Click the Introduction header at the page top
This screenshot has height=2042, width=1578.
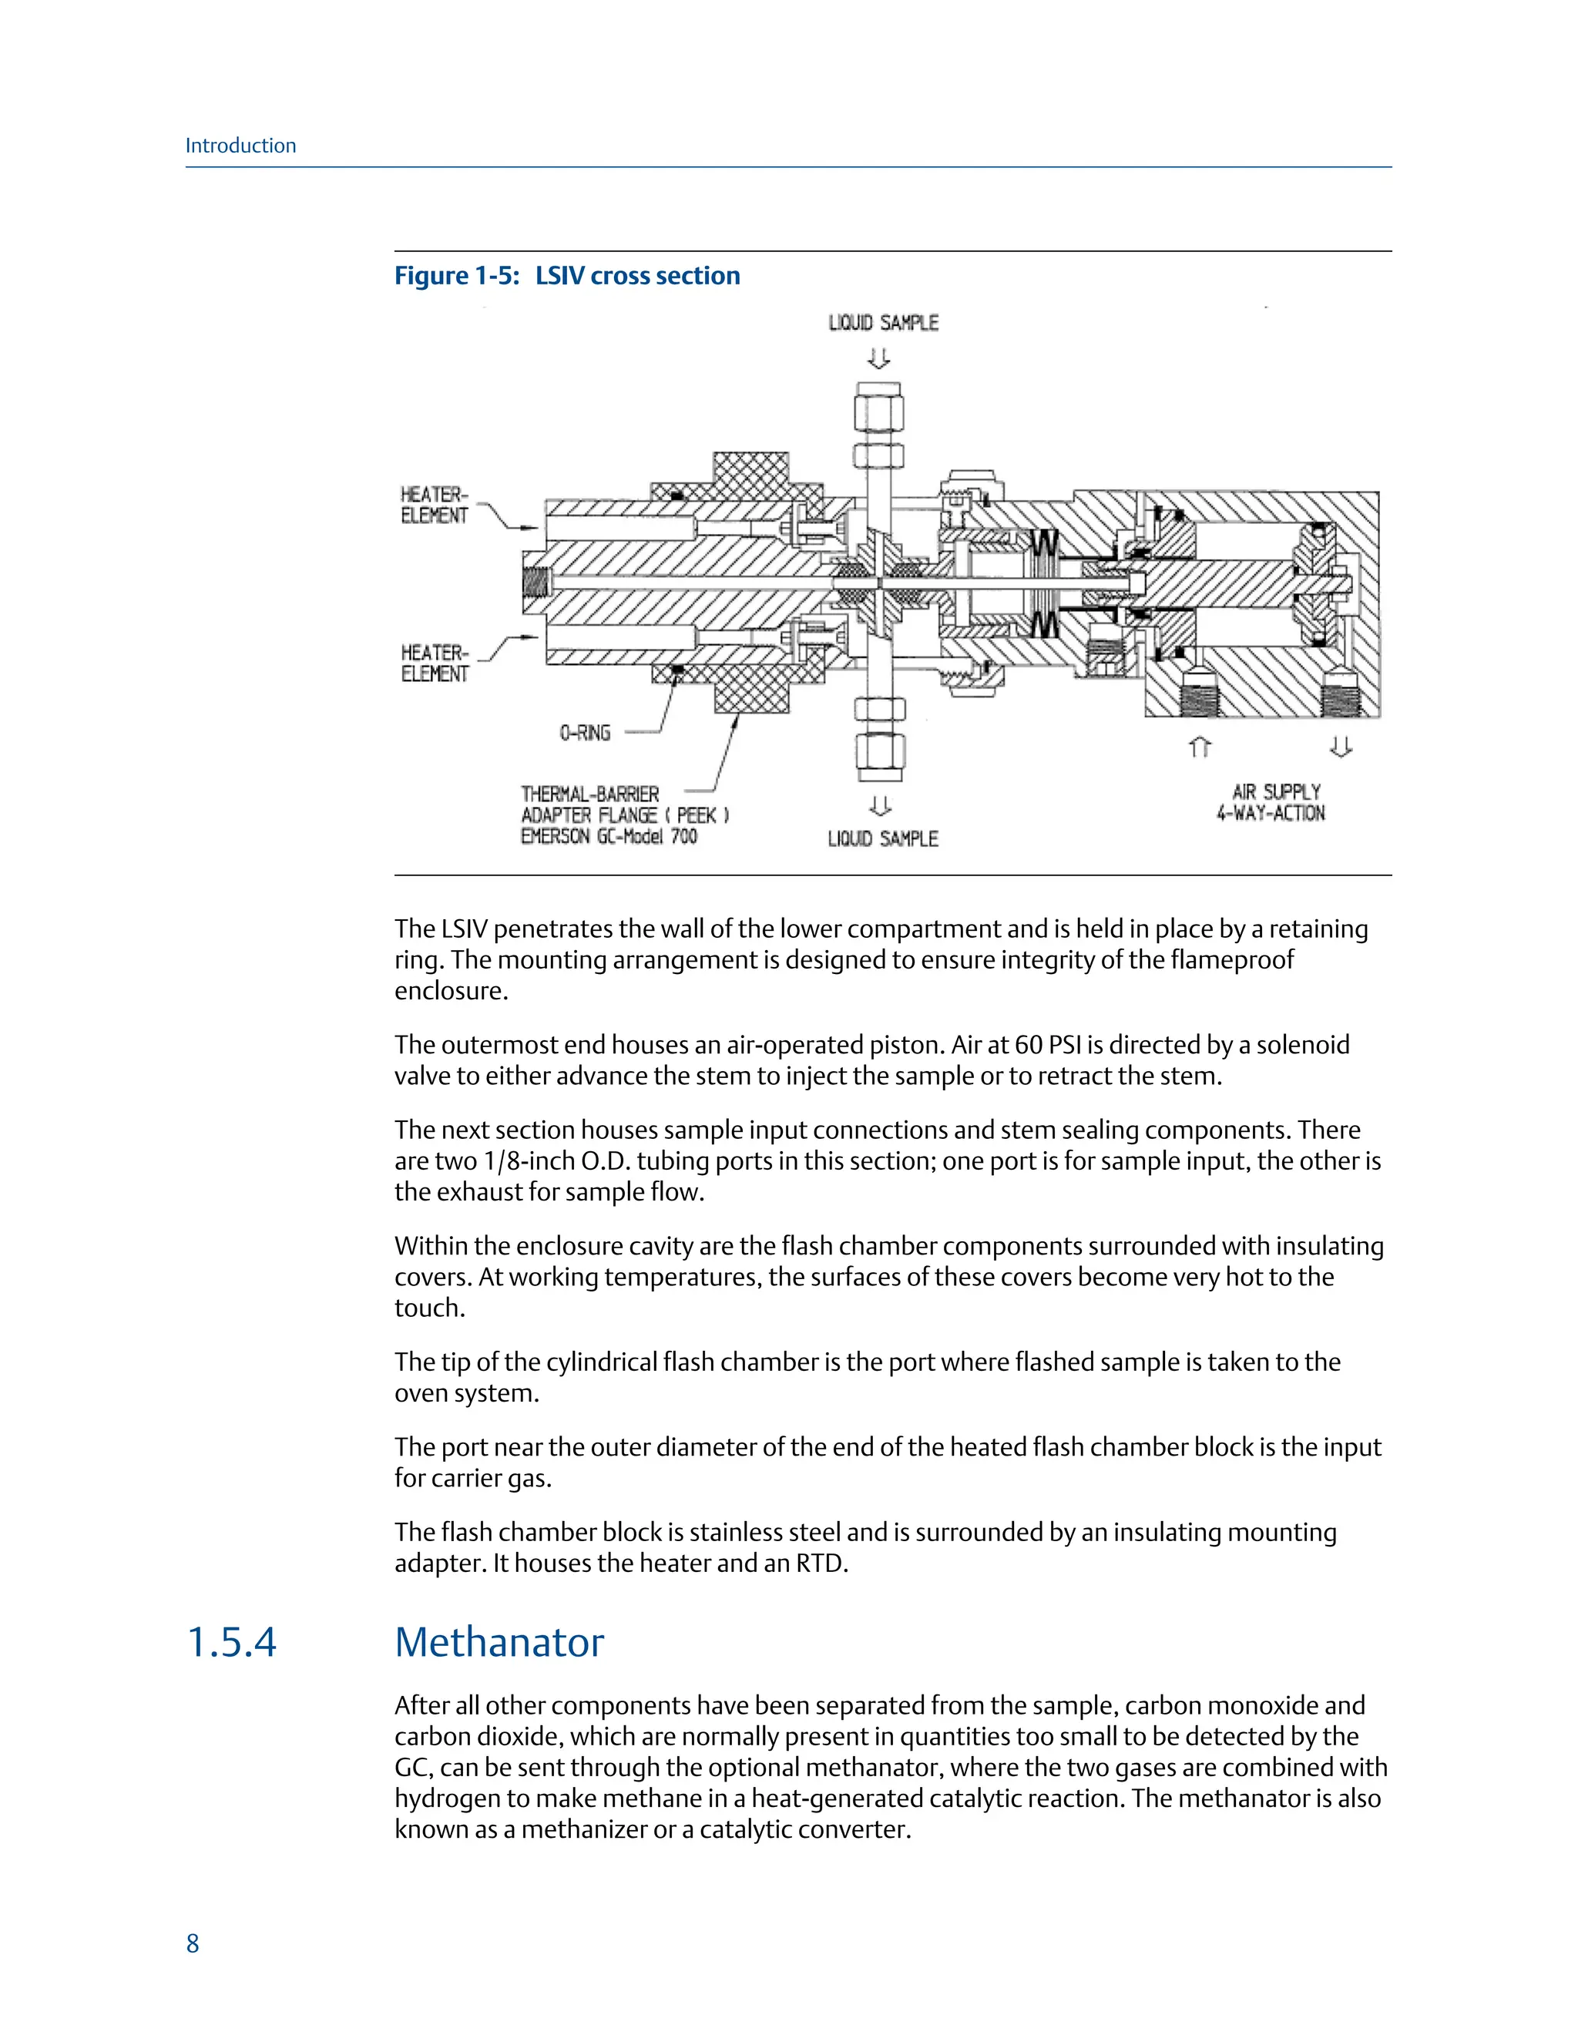(240, 146)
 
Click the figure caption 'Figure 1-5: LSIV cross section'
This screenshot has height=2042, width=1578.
(566, 276)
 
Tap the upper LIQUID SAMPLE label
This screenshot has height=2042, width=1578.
(882, 323)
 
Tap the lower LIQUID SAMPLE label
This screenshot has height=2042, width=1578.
(882, 838)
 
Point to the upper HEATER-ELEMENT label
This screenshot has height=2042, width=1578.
(435, 505)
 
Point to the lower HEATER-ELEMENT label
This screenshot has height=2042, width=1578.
(435, 663)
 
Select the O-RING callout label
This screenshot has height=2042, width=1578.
(586, 733)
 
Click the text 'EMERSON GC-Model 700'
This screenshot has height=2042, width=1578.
(609, 836)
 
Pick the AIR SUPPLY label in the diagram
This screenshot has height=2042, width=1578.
(1276, 792)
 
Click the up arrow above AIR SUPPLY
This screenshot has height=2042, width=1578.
(1200, 747)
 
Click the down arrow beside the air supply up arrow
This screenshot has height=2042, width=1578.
(1341, 746)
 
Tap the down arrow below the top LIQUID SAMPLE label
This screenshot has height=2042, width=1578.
(878, 359)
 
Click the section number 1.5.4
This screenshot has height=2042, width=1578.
(232, 1643)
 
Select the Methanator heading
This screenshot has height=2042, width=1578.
(499, 1643)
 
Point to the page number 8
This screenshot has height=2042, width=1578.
(193, 1944)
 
